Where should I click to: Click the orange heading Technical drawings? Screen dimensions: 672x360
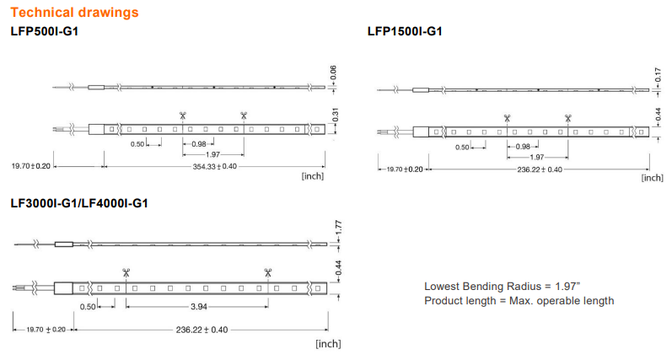point(74,13)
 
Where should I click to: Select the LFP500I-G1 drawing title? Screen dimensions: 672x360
point(45,31)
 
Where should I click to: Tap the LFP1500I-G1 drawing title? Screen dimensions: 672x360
point(405,31)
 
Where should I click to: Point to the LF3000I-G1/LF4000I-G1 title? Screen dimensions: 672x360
point(79,202)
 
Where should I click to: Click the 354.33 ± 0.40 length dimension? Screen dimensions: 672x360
point(214,166)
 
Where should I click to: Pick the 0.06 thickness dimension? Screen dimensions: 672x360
point(333,73)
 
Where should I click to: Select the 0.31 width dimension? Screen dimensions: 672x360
point(335,115)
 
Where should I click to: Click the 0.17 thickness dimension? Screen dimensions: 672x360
point(658,75)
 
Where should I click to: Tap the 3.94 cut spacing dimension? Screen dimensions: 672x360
point(199,306)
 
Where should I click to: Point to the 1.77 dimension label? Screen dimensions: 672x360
point(338,228)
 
